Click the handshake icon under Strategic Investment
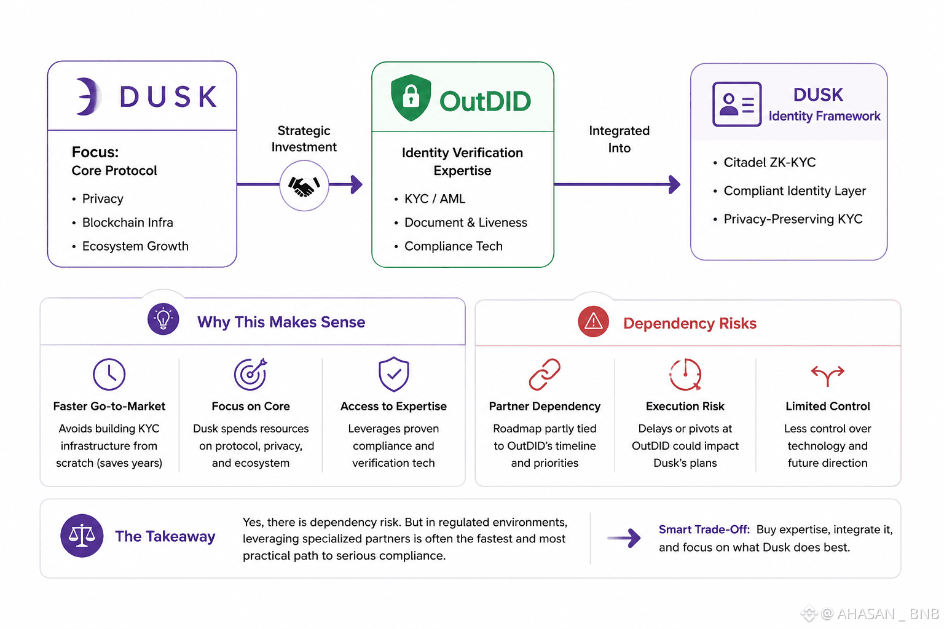pos(304,186)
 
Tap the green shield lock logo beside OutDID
pos(411,97)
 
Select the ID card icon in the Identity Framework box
pos(737,104)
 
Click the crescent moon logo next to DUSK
pos(88,96)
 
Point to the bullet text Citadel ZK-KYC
pos(769,162)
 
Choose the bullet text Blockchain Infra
pos(128,222)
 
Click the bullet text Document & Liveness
pos(466,222)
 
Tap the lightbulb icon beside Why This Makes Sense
pos(163,319)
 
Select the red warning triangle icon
pos(593,321)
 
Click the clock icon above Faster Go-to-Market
pos(109,374)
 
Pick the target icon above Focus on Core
pos(251,373)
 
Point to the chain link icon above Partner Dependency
pos(545,374)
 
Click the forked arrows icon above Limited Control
pos(828,375)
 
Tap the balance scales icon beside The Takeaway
pos(82,536)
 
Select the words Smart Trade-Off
pos(704,529)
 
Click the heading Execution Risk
pos(685,406)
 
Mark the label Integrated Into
pos(619,139)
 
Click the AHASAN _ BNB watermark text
pos(888,614)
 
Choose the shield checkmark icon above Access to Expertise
pos(393,374)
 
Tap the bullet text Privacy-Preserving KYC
pos(793,219)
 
